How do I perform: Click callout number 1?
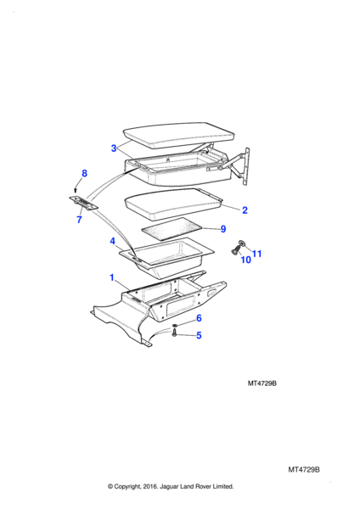coord(112,277)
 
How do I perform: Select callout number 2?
coord(245,210)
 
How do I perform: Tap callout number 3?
coord(114,148)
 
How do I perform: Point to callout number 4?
coord(112,241)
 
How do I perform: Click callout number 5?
coord(199,335)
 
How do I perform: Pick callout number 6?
coord(199,318)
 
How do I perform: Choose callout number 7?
coord(79,220)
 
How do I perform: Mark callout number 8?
coord(84,173)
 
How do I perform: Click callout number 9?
coord(223,229)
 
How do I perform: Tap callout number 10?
coord(245,260)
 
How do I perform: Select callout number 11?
coord(256,254)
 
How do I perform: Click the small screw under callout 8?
coord(76,189)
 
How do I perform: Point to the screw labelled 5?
coord(174,333)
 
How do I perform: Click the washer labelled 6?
coord(175,325)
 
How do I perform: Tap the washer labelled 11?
coord(241,243)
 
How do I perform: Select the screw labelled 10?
coord(235,249)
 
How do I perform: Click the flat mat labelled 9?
coord(172,229)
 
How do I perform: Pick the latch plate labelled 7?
coord(84,203)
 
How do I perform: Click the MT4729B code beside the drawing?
coord(262,383)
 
